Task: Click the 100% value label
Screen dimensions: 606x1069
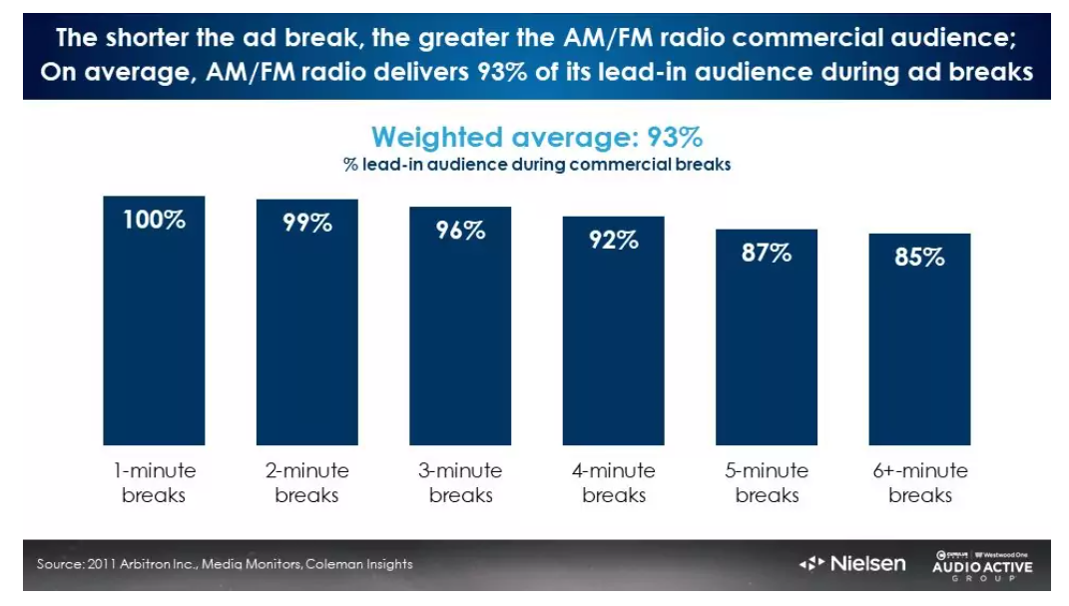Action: (x=154, y=220)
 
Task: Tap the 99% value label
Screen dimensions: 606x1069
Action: (x=306, y=223)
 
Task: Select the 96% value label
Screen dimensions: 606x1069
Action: (x=460, y=230)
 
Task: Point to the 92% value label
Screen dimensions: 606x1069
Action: (x=613, y=240)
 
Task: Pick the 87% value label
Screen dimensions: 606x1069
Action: (x=767, y=253)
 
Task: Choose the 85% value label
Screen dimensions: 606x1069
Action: (x=919, y=257)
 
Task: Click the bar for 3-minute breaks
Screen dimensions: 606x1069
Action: (x=460, y=339)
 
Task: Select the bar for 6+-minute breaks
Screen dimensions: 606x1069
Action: (x=919, y=349)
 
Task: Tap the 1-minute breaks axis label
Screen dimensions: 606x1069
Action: (x=154, y=482)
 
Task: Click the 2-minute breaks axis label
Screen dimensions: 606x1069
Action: (x=306, y=482)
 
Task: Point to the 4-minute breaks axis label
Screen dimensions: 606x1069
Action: (x=613, y=482)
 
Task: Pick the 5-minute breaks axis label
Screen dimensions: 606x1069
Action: (x=767, y=482)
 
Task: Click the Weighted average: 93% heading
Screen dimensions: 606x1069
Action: (x=537, y=137)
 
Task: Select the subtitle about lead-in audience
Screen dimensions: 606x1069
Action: (x=537, y=165)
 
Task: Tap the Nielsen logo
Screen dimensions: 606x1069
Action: (x=852, y=564)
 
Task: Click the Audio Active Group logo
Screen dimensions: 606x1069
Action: (x=982, y=565)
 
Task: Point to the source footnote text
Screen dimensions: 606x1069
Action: (x=225, y=564)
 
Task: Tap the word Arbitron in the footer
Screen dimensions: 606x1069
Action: (x=142, y=564)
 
